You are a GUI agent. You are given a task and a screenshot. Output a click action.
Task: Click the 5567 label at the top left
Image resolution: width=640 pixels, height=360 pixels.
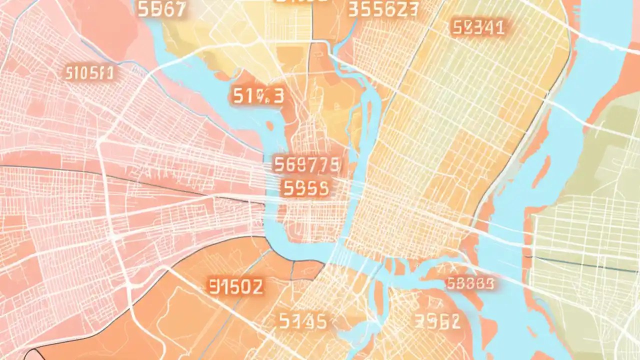tap(161, 10)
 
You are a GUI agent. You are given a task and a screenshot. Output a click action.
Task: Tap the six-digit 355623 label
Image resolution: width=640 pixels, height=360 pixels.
tap(382, 10)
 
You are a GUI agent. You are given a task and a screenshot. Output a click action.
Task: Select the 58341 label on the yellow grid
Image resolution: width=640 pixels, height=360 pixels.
tap(477, 27)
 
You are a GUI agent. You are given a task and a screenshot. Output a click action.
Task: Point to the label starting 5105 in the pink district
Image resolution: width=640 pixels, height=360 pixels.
tap(89, 73)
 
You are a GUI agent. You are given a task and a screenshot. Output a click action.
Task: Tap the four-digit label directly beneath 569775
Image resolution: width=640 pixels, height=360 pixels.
tap(305, 188)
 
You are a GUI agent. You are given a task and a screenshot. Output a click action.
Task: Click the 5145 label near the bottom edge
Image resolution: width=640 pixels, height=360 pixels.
tap(303, 321)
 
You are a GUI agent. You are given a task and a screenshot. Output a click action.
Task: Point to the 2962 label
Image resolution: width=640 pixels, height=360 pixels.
tap(437, 321)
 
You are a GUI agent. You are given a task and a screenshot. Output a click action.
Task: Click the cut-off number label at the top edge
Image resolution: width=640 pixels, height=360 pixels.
tap(301, 2)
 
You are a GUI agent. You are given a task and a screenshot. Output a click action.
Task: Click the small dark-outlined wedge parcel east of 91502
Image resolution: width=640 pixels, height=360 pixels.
tap(306, 270)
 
